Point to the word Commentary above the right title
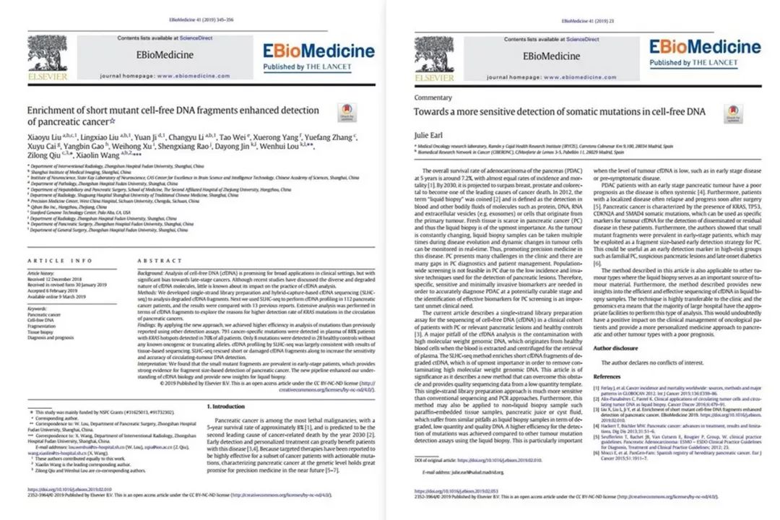[x=433, y=97]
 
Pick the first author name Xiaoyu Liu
[x=42, y=136]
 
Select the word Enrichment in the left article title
[x=52, y=110]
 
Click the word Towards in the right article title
[x=431, y=111]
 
